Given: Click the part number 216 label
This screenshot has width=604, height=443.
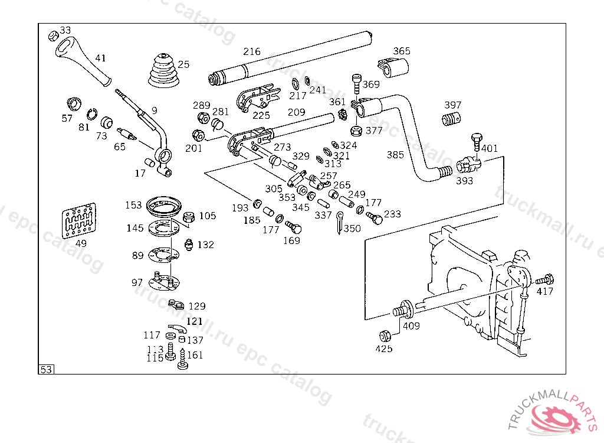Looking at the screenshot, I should pos(252,52).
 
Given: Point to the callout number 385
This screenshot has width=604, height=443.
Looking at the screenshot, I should pos(395,155).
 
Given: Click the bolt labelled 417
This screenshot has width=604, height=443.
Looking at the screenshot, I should pos(546,278).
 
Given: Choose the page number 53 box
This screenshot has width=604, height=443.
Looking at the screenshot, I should pos(46,370).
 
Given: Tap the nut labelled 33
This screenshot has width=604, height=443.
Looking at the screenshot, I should pos(52,35).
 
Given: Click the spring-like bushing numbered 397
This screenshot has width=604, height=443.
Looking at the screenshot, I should pos(451,119).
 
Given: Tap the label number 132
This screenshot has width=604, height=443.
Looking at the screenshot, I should pos(206,245).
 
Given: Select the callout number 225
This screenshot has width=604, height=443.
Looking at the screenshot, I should pos(261,115).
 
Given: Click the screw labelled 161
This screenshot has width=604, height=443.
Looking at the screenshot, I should pos(182,359).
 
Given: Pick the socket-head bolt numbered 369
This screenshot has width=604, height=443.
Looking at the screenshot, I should pos(356,83).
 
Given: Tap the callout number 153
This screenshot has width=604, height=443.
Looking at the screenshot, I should pos(133,206).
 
